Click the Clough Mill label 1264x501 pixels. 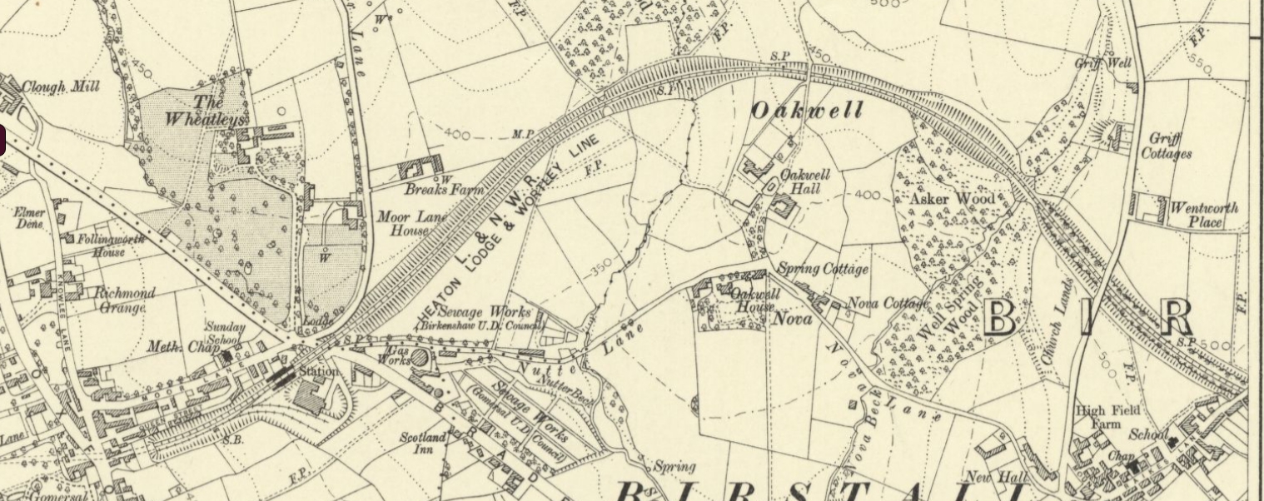[x=61, y=87]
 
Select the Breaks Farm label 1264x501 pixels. [x=444, y=190]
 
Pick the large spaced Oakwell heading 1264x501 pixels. [x=807, y=111]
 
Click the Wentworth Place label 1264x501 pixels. [x=1204, y=215]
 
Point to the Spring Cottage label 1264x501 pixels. [x=823, y=269]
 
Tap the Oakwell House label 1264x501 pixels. [x=754, y=300]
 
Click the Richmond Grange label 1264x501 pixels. [x=124, y=300]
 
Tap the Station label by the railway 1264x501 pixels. [x=319, y=371]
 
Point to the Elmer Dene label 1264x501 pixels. [x=29, y=218]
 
